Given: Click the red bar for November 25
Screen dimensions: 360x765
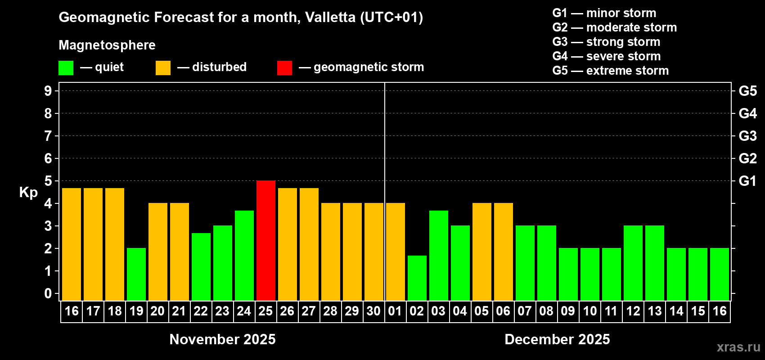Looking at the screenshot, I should pyautogui.click(x=266, y=240).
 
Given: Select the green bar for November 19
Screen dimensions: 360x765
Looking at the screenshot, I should pyautogui.click(x=136, y=274).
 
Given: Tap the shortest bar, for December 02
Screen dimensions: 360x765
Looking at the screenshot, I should pyautogui.click(x=417, y=278).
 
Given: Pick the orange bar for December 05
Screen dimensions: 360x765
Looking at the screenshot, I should pyautogui.click(x=482, y=252).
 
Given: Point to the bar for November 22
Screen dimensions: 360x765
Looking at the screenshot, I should pyautogui.click(x=201, y=266).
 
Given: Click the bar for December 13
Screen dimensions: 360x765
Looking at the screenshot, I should pyautogui.click(x=655, y=263).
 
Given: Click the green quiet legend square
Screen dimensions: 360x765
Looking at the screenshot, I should pyautogui.click(x=66, y=68).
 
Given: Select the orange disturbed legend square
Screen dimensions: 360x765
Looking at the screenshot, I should pyautogui.click(x=163, y=68).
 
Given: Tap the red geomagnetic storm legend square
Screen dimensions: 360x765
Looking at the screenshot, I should pyautogui.click(x=284, y=68).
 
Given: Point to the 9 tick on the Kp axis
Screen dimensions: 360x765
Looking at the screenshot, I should pyautogui.click(x=48, y=91).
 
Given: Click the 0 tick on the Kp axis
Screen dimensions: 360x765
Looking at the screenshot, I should pyautogui.click(x=48, y=294).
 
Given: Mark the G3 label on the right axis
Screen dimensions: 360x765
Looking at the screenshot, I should pyautogui.click(x=747, y=136).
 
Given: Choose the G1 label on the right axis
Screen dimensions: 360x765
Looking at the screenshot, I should pyautogui.click(x=747, y=181).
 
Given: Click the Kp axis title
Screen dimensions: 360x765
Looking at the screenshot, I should pyautogui.click(x=28, y=193).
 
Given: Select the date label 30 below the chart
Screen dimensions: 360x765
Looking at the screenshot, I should pyautogui.click(x=373, y=311).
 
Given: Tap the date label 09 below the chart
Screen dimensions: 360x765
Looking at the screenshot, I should pyautogui.click(x=568, y=311).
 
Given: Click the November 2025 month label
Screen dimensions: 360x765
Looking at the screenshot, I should pyautogui.click(x=222, y=339).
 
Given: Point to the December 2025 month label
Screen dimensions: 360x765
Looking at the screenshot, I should pyautogui.click(x=557, y=339).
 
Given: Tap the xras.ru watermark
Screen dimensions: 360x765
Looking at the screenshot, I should pyautogui.click(x=738, y=347).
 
